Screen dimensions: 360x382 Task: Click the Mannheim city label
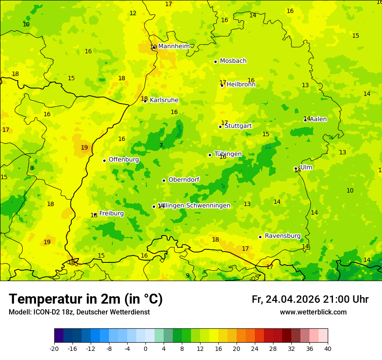174,46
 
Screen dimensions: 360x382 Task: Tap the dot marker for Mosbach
215,62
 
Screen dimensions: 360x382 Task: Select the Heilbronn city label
241,85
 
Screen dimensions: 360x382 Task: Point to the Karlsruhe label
164,100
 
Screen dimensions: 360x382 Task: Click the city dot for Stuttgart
220,127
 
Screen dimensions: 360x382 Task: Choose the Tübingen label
228,154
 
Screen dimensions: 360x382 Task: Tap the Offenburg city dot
104,160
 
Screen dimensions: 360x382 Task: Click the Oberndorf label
184,180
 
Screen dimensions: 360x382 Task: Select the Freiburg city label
112,213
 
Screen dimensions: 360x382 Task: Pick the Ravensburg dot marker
260,237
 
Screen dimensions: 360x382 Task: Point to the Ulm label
306,167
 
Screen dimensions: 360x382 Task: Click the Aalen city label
318,119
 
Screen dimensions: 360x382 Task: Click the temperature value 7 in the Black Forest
161,146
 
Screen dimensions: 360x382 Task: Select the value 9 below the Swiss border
188,275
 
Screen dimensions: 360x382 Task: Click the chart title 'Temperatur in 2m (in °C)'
86,299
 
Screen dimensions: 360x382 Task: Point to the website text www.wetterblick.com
313,312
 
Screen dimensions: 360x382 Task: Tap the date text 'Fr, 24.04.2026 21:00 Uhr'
310,299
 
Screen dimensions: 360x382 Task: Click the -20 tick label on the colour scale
54,349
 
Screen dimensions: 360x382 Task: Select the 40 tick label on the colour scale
327,349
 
